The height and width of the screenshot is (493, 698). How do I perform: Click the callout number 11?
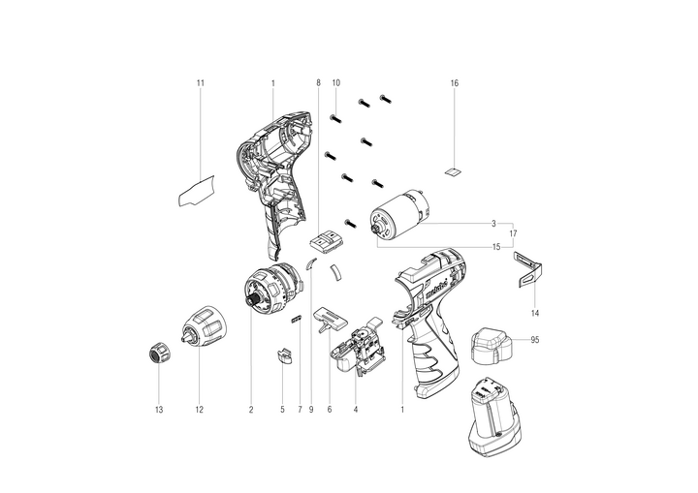pos(201,82)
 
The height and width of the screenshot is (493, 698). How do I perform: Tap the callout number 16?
pos(454,82)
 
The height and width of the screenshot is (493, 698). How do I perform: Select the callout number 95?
pos(534,340)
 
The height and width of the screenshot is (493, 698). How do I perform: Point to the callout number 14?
pos(535,313)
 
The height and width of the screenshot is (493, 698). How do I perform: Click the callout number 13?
pos(159,410)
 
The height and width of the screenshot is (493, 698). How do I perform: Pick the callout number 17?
pos(513,233)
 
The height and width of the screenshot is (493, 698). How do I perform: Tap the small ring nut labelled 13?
pos(159,354)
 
